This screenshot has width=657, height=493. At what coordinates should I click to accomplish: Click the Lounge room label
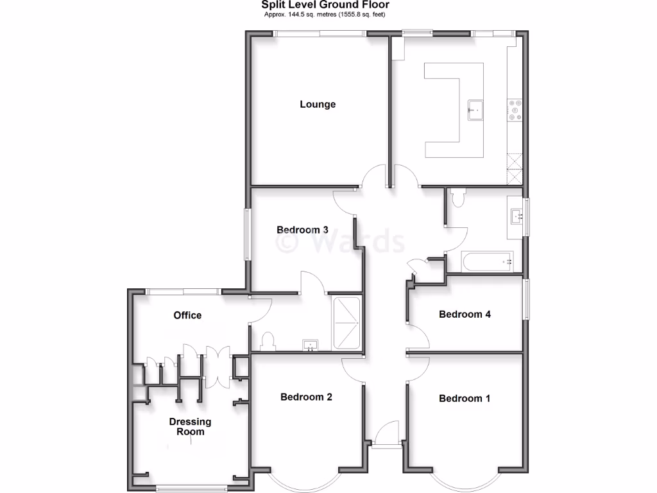coord(318,104)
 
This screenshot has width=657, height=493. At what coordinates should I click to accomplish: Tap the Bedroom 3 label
coord(302,230)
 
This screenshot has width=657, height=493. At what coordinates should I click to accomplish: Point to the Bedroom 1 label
coord(465,398)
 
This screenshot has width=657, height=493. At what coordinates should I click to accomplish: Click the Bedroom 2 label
coord(306,397)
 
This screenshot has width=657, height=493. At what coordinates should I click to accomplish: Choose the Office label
coord(187,315)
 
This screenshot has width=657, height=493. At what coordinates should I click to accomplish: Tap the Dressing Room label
coord(190,427)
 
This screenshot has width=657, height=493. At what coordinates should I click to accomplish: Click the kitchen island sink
coord(475,109)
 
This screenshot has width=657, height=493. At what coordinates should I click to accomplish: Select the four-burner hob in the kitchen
coord(515,109)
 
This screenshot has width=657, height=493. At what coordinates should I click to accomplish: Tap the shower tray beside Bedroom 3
coord(347,322)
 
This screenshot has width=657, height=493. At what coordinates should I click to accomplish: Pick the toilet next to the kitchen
coord(457,198)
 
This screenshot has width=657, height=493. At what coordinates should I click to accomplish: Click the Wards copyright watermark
coord(340,242)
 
